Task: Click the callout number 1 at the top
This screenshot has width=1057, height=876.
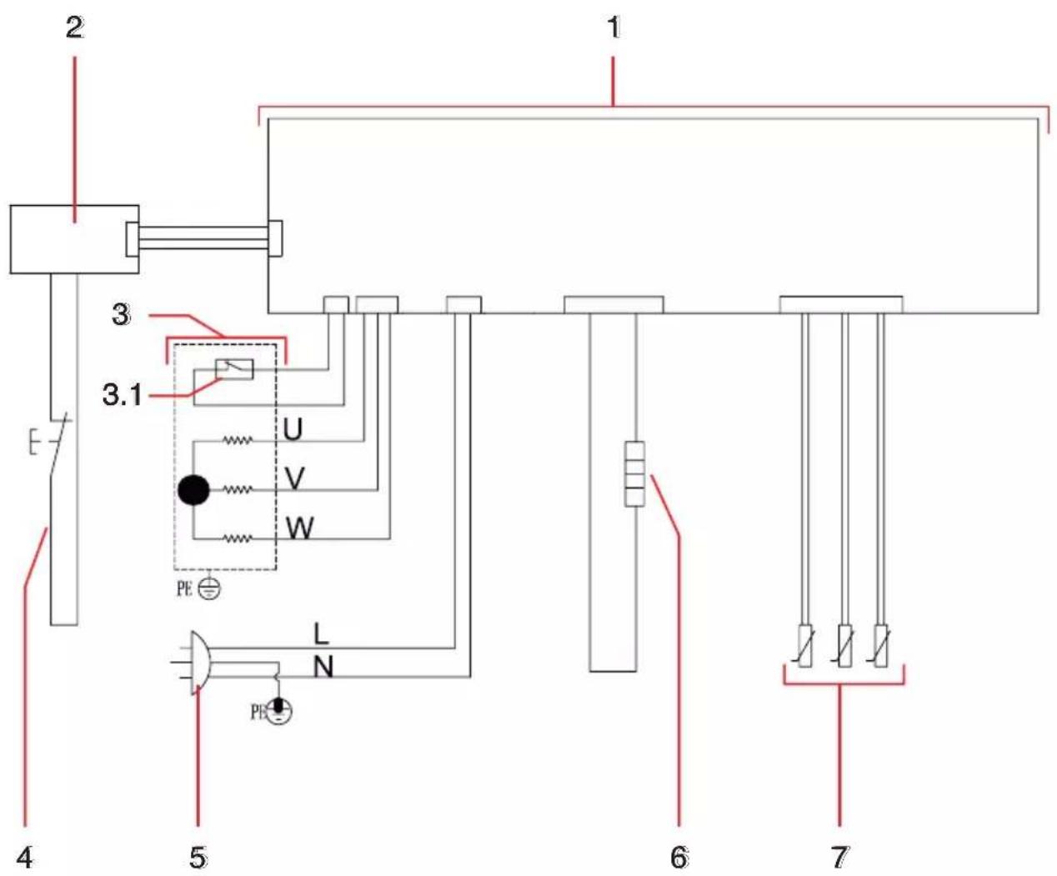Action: point(614,27)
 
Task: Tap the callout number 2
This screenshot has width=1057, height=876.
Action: point(75,28)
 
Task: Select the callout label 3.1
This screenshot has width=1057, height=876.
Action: point(122,395)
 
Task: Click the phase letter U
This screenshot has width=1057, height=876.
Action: point(293,429)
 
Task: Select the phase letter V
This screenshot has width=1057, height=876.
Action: point(294,478)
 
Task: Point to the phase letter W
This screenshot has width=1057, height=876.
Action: point(300,528)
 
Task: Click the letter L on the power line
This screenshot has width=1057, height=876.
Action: point(321,634)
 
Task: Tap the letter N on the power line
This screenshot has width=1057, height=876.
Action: point(323,667)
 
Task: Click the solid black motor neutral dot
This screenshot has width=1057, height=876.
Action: point(194,490)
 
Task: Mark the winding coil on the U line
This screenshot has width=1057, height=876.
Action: point(238,441)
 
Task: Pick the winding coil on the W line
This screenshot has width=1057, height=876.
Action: point(238,539)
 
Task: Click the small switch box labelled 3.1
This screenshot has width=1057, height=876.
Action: point(234,369)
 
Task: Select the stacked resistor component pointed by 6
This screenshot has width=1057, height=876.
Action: point(635,473)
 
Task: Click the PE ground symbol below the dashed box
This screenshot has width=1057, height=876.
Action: point(209,589)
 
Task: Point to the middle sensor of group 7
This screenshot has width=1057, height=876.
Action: point(844,646)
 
